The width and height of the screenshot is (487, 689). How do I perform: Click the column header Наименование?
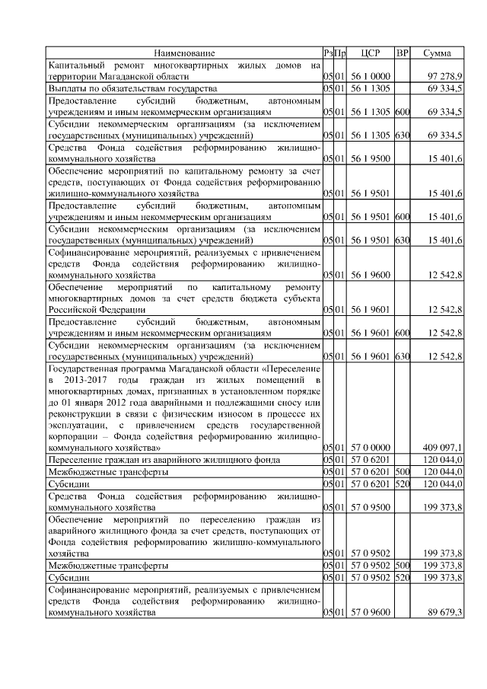(x=184, y=53)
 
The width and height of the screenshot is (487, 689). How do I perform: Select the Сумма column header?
(x=438, y=53)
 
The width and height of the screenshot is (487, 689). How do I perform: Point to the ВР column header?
(x=403, y=53)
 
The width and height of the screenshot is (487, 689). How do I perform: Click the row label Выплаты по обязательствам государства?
(x=122, y=90)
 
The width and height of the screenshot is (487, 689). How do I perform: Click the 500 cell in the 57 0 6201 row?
(x=403, y=473)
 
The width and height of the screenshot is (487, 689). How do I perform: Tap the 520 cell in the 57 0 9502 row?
(x=403, y=577)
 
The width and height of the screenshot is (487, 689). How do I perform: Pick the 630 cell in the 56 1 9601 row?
(x=403, y=356)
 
